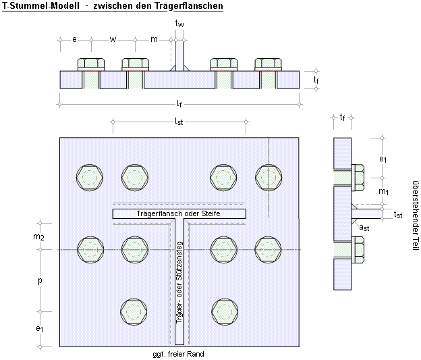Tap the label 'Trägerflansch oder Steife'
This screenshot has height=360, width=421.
178,213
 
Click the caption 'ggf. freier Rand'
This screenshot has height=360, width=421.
179,354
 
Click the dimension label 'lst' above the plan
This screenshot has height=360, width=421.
179,122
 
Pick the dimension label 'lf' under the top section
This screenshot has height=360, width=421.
179,103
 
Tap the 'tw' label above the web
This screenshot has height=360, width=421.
179,24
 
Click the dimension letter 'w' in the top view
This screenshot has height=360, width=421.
113,39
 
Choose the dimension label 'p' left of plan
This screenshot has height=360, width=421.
41,280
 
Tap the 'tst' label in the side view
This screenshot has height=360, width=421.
398,215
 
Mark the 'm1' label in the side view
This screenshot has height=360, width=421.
383,192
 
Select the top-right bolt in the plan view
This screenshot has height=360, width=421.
268,177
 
